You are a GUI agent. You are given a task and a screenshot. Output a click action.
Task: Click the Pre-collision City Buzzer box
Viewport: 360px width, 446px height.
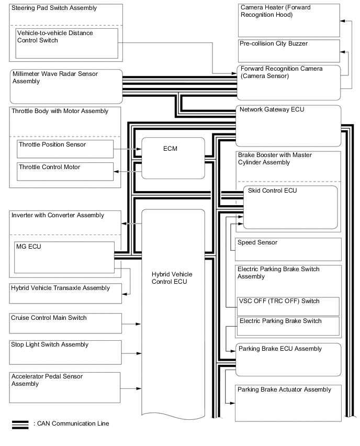coord(288,50)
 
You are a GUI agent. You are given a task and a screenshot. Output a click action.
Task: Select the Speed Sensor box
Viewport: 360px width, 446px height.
coord(288,248)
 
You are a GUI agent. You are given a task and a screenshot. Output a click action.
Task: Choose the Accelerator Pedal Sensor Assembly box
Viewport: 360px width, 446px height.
coord(66,388)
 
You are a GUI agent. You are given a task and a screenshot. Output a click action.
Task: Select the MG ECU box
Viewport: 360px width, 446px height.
coord(64,257)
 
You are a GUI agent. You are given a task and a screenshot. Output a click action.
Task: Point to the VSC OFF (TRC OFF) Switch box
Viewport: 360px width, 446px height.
coord(288,306)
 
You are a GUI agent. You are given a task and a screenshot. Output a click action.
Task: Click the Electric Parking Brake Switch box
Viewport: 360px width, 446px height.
coord(288,326)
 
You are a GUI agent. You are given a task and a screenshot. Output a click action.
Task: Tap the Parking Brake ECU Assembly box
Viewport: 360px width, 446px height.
coord(288,356)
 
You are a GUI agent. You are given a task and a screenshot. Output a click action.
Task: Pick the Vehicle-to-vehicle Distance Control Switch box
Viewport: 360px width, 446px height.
coord(67,43)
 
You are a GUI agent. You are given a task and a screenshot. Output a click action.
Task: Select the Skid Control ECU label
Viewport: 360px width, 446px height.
coord(267,191)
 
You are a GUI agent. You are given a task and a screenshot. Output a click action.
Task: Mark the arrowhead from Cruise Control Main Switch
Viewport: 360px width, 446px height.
coord(138,325)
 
